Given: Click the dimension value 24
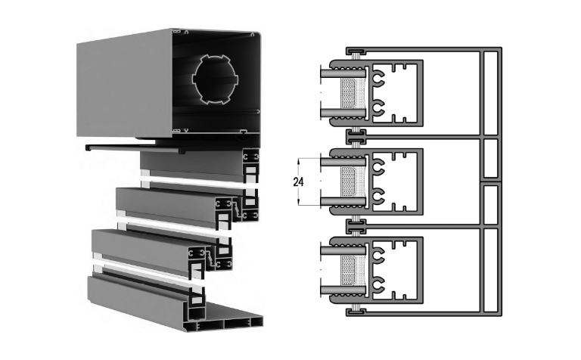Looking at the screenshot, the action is click(x=298, y=182).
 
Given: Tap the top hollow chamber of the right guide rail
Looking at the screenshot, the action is click(x=490, y=93).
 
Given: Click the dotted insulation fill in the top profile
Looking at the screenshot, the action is click(x=352, y=93).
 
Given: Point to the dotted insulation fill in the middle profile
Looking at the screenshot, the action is click(x=352, y=182).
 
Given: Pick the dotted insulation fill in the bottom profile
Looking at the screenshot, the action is click(x=352, y=270).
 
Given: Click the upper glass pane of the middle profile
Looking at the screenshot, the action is click(x=343, y=162).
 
